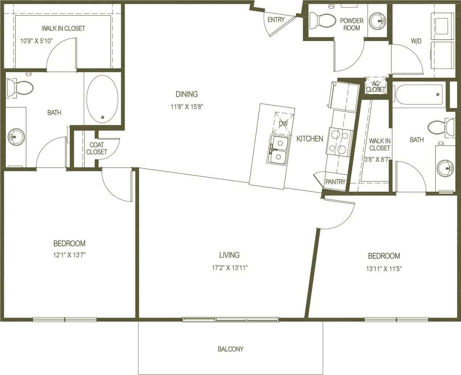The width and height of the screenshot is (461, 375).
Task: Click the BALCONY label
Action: [x=230, y=349]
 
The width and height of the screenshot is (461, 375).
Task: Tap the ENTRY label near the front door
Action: [x=276, y=20]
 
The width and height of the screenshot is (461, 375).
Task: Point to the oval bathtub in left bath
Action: [x=102, y=99]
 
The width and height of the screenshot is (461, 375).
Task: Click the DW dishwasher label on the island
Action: [x=283, y=123]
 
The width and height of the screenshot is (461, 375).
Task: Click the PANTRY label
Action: [x=335, y=182]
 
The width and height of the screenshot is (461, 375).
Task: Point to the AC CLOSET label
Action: [x=375, y=86]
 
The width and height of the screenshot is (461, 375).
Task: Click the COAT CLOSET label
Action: [x=97, y=148]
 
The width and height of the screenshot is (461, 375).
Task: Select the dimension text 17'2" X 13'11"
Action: [x=230, y=268]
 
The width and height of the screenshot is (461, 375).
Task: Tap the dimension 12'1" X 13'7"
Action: [x=69, y=255]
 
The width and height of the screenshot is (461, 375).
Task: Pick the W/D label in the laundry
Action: [x=416, y=41]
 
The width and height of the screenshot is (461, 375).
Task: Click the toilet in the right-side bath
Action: [x=441, y=128]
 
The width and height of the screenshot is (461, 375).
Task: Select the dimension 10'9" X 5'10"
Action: [x=37, y=41]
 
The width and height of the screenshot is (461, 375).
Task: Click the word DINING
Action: [x=187, y=94]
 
